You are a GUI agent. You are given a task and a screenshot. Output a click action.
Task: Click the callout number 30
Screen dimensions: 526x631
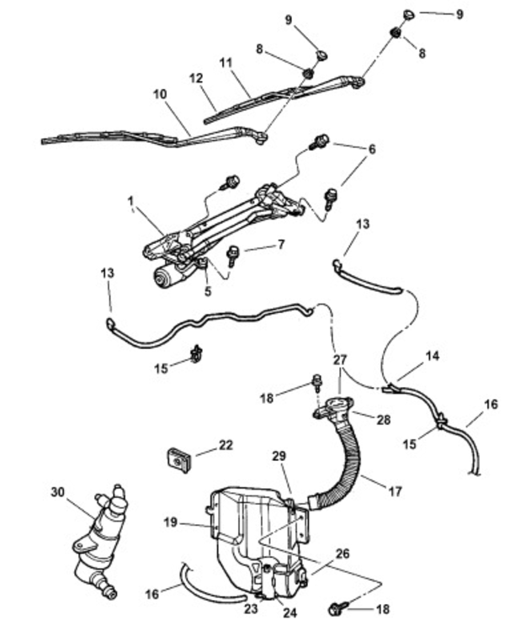tap(57, 492)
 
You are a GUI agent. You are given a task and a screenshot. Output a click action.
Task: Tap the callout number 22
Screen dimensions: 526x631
tap(226, 445)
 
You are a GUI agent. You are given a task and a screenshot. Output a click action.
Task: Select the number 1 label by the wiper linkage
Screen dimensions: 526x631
tap(130, 200)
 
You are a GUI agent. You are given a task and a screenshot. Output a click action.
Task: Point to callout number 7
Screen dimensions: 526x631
tap(280, 244)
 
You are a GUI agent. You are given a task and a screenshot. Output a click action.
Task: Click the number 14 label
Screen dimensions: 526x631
tap(433, 356)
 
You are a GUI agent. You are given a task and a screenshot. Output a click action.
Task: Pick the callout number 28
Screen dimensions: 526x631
tap(383, 420)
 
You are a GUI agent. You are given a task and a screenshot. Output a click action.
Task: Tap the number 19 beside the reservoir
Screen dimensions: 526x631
tap(170, 522)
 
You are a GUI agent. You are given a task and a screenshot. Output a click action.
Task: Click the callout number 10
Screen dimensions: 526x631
tap(160, 94)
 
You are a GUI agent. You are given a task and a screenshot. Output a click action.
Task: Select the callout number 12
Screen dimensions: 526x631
tap(196, 78)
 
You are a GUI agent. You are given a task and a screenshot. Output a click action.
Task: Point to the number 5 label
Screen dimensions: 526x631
tap(208, 291)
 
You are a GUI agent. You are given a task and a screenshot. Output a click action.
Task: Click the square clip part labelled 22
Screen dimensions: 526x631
tap(179, 459)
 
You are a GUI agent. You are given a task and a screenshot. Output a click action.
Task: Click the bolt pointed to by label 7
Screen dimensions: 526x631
tap(232, 255)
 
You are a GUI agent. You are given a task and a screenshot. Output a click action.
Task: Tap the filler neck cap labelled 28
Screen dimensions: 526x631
tap(332, 407)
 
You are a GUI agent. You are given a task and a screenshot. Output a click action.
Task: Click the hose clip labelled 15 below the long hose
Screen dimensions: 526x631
tap(196, 353)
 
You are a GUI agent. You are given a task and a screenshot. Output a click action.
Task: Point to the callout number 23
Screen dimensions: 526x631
tap(251, 608)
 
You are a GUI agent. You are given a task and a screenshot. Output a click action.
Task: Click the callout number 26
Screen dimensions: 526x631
tap(343, 554)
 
